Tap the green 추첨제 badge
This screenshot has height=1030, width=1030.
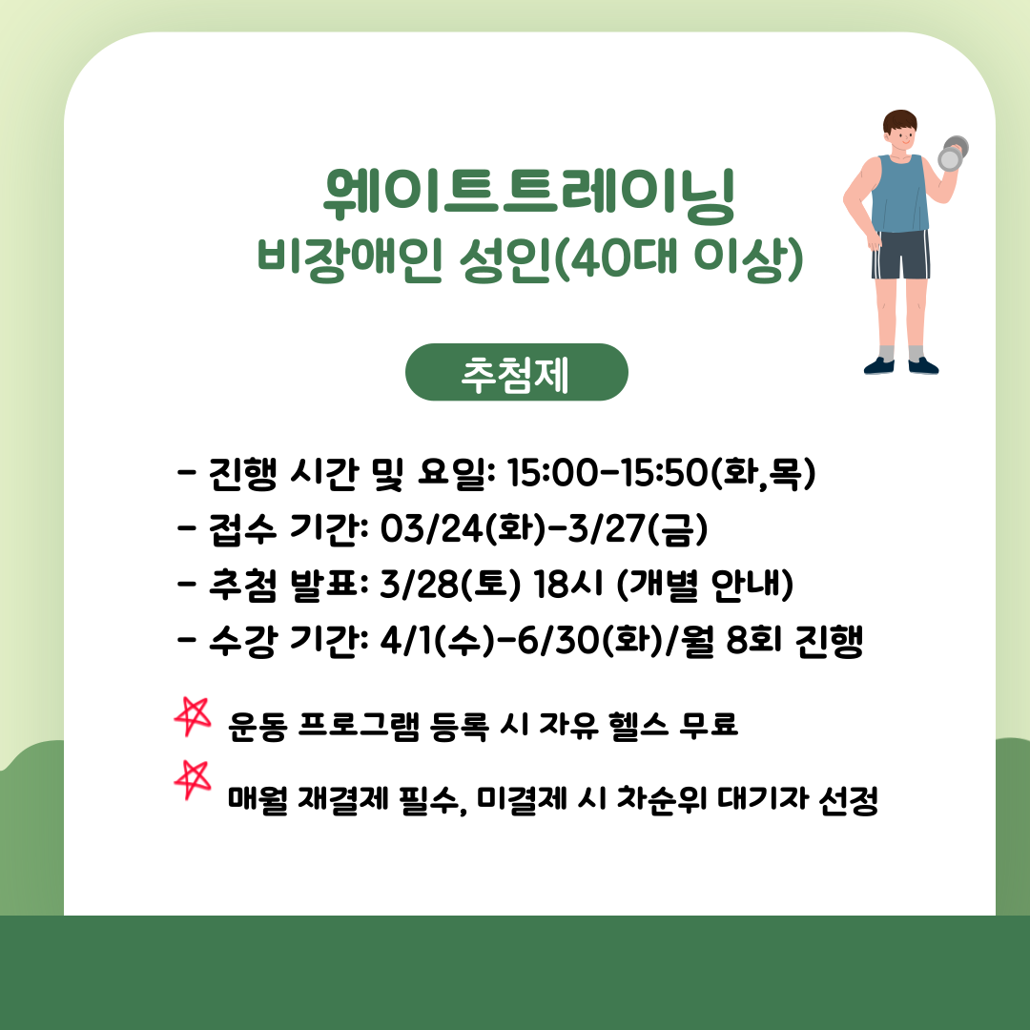point(516,373)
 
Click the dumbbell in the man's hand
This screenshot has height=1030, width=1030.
point(953,154)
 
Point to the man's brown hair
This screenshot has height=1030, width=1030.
point(899,121)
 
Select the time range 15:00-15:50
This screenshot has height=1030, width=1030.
point(608,472)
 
